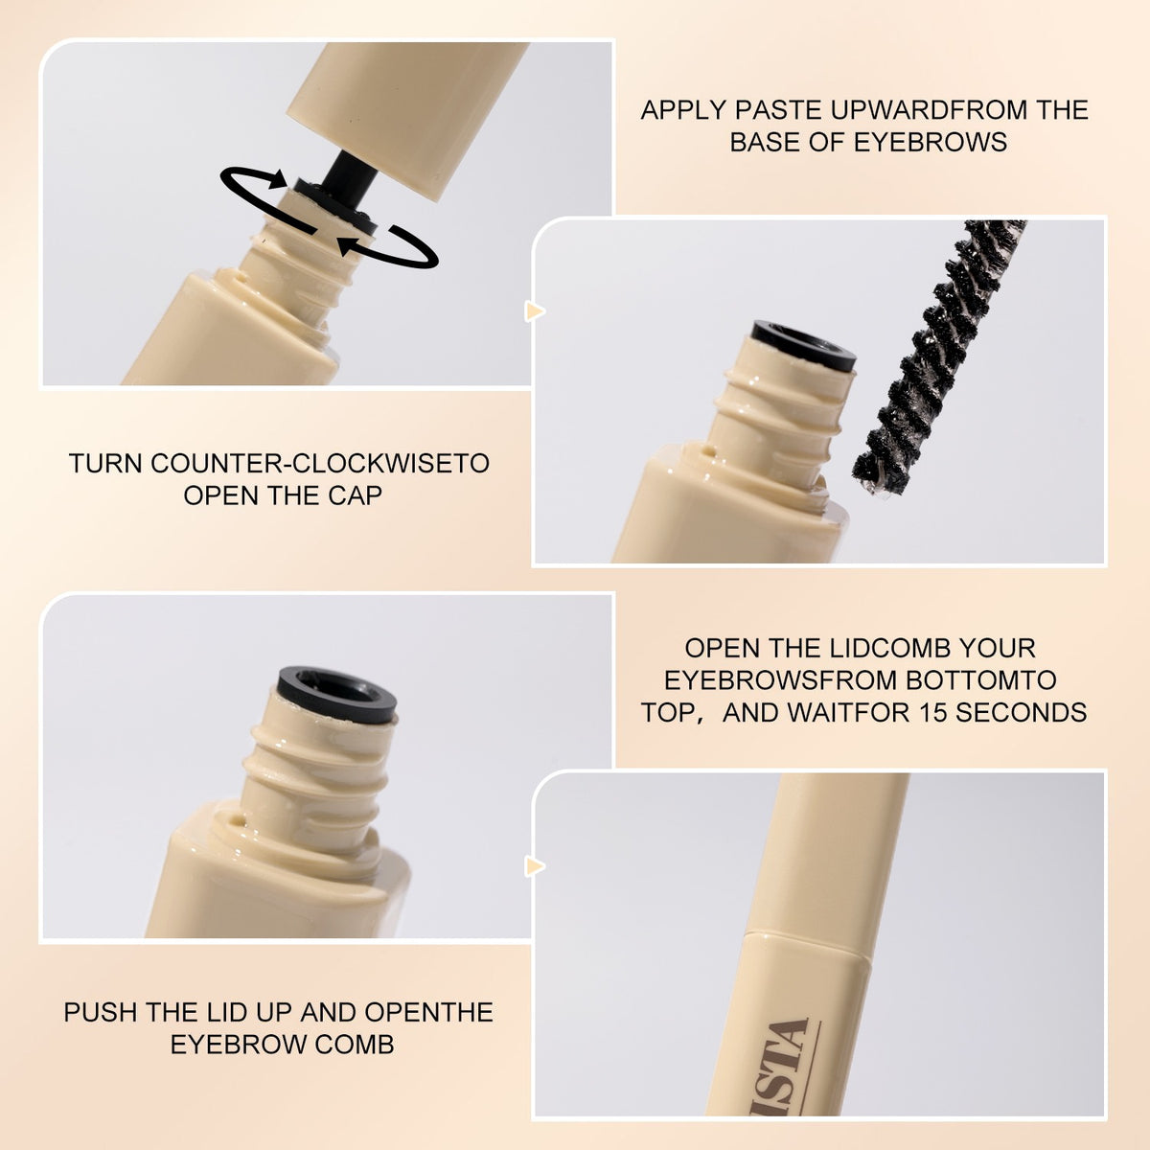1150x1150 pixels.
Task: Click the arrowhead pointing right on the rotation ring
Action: tap(279, 179)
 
